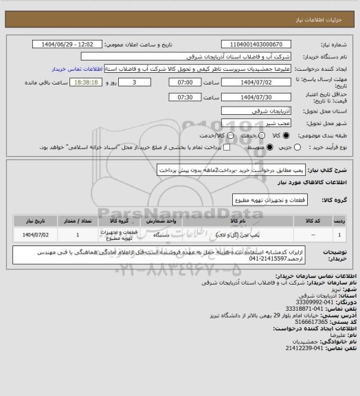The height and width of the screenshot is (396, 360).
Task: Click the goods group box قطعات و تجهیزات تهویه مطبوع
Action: pyautogui.click(x=267, y=200)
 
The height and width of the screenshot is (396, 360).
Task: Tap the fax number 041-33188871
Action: pyautogui.click(x=317, y=308)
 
